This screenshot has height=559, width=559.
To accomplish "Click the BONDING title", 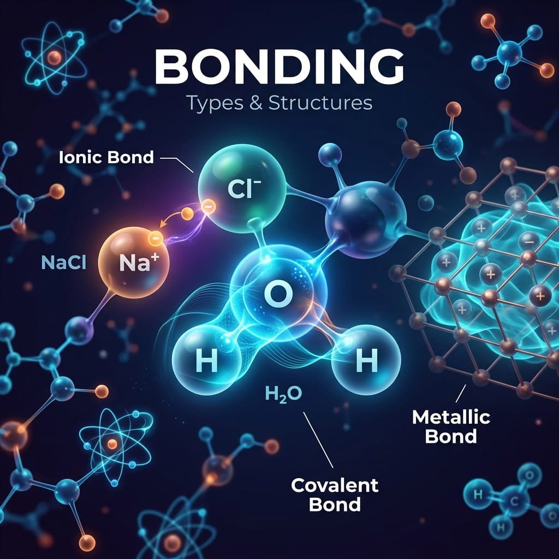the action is pyautogui.click(x=279, y=67).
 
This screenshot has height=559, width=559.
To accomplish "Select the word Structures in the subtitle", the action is pyautogui.click(x=320, y=103).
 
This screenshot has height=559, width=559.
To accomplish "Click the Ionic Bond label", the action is pyautogui.click(x=106, y=157).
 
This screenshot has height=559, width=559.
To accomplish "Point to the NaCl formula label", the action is pyautogui.click(x=63, y=263).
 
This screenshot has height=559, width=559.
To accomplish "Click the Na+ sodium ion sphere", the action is pyautogui.click(x=134, y=263).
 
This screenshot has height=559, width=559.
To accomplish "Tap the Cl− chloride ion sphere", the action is pyautogui.click(x=242, y=188).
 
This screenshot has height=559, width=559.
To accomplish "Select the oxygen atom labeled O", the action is pyautogui.click(x=278, y=293).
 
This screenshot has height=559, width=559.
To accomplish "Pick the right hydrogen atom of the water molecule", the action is pyautogui.click(x=366, y=360).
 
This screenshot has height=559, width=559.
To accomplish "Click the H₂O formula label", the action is pyautogui.click(x=283, y=394).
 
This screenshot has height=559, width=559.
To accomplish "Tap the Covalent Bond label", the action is pyautogui.click(x=335, y=495).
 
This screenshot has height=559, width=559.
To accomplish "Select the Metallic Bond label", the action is pyautogui.click(x=451, y=426).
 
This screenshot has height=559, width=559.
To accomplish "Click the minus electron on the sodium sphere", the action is pyautogui.click(x=155, y=237).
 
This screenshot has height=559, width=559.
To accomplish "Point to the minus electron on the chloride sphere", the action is pyautogui.click(x=208, y=206).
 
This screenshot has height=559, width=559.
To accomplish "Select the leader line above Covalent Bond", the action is pyautogui.click(x=318, y=440).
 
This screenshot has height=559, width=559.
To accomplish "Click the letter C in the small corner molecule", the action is pyautogui.click(x=514, y=501).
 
